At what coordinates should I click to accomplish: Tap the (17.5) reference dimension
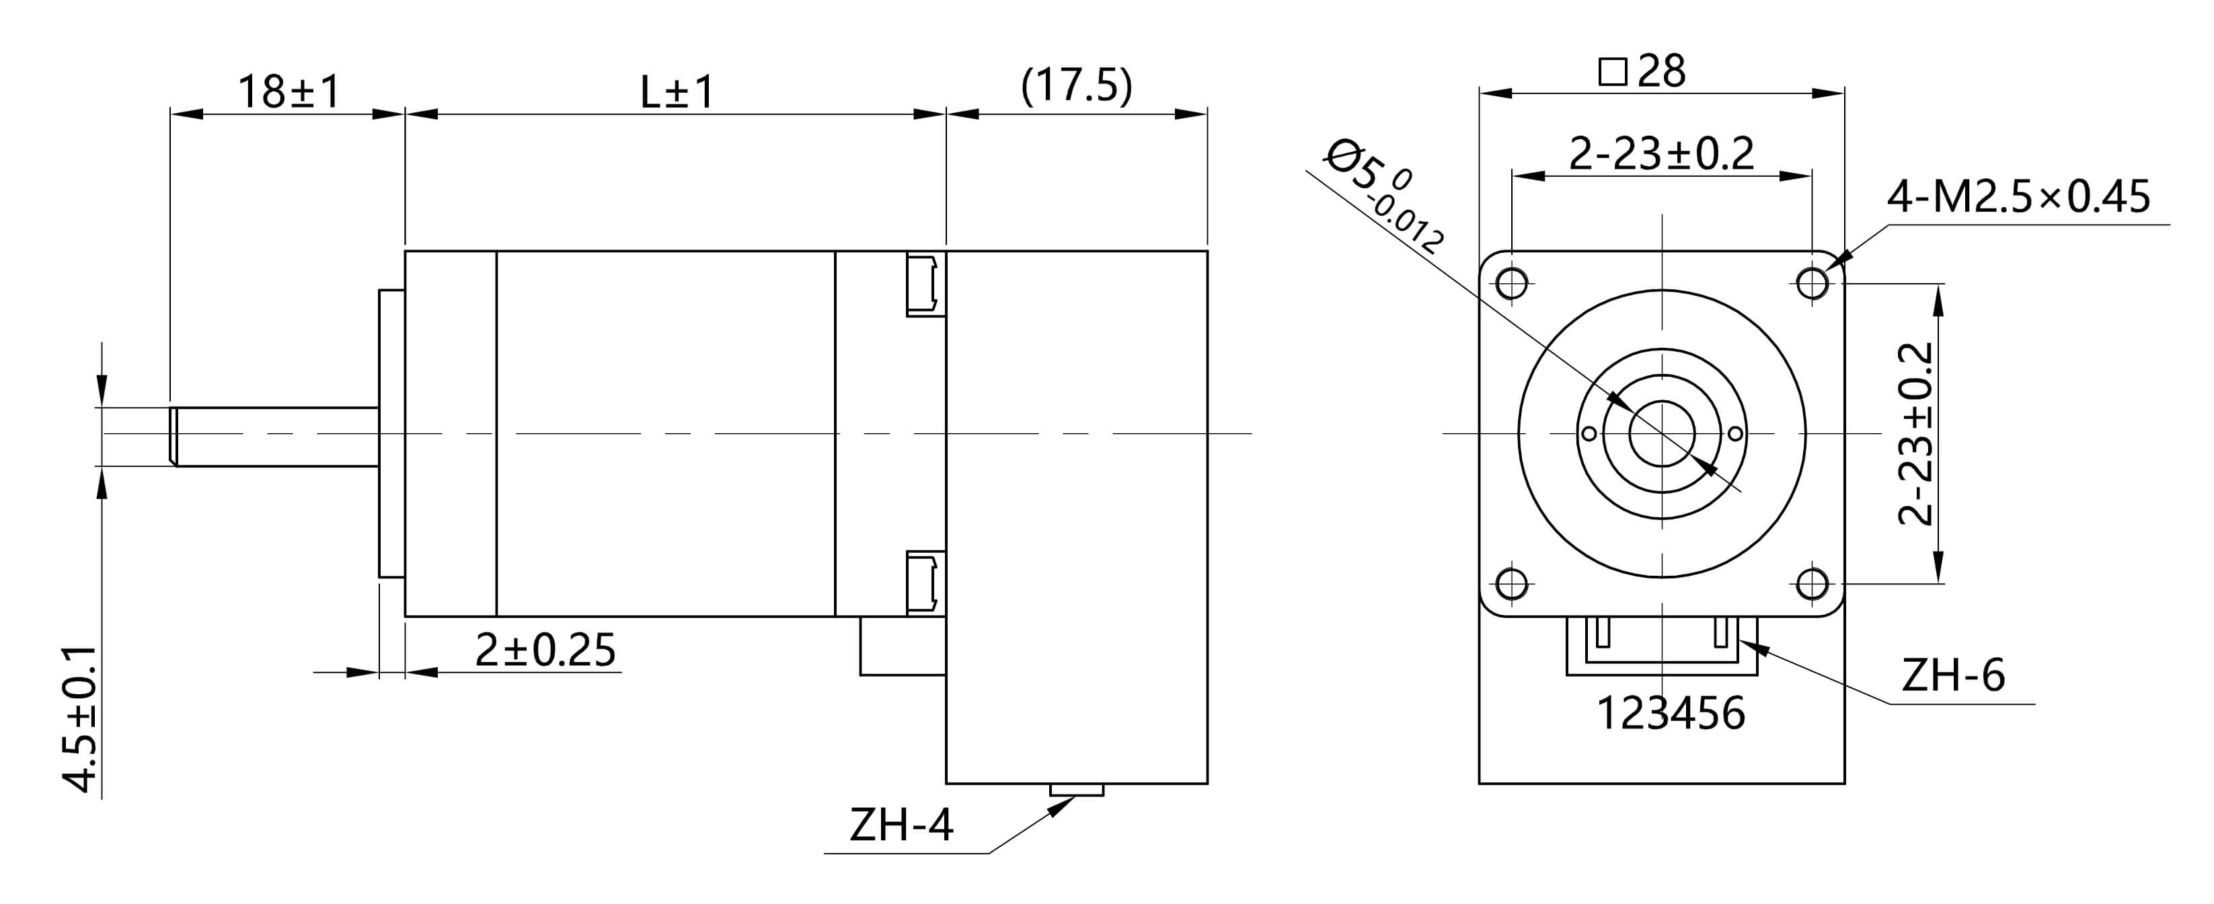pos(1076,86)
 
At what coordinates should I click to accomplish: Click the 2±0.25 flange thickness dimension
pos(545,650)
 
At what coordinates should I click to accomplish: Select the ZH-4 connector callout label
pos(901,825)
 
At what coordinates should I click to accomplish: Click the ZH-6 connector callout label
pos(1953,675)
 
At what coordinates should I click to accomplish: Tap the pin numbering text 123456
pos(1670,713)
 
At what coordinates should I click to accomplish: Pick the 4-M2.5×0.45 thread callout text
pos(2018,198)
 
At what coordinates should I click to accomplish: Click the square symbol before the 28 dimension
pos(1612,72)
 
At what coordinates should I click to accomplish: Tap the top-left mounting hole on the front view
pos(1512,282)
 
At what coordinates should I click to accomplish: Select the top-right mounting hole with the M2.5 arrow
pos(1812,282)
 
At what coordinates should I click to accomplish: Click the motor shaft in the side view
pos(275,437)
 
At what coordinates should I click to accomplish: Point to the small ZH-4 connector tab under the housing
pos(1076,790)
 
